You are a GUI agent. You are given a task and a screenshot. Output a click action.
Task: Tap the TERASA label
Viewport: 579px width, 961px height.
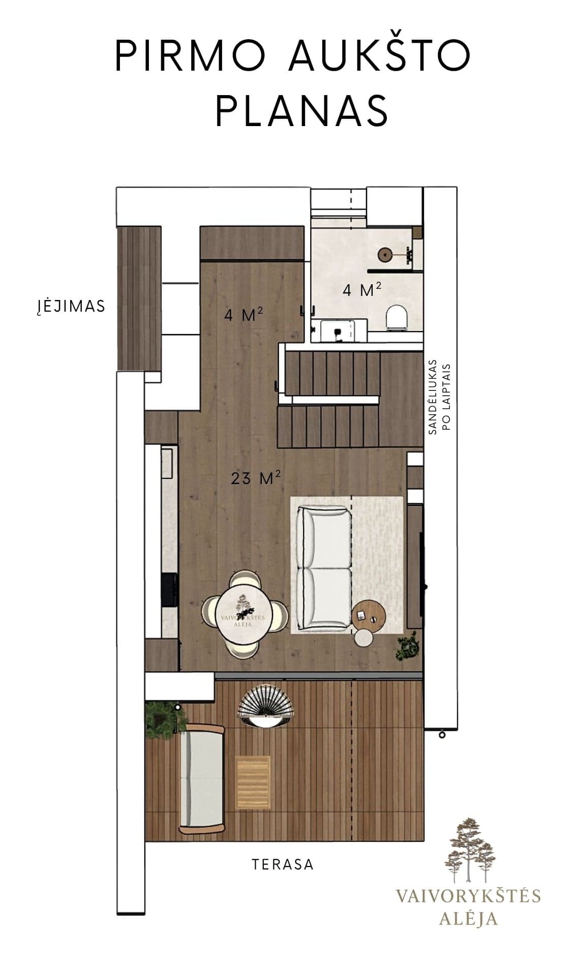coord(283,864)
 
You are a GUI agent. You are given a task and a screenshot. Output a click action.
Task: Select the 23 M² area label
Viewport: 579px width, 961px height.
coord(256,478)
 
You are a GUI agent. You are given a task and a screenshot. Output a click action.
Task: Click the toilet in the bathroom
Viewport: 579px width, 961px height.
coord(398,317)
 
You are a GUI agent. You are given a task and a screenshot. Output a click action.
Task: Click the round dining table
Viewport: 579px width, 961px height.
coord(243,613)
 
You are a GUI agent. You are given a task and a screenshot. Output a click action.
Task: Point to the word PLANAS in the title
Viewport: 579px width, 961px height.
coord(302,110)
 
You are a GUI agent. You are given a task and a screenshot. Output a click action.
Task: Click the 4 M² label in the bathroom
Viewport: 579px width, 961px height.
coord(362,290)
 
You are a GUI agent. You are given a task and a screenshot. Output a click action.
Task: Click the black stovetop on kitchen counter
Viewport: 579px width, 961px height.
coord(170,590)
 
